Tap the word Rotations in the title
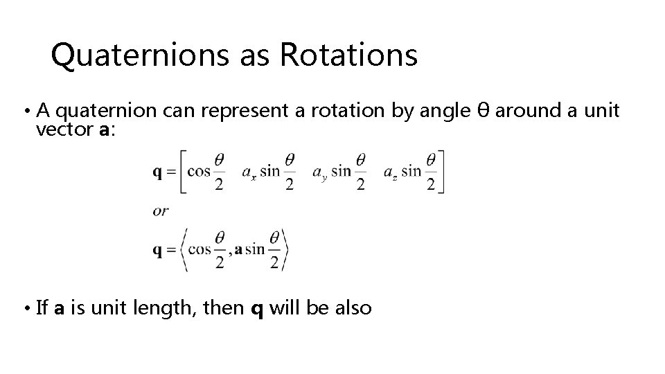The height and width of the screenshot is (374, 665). click(348, 56)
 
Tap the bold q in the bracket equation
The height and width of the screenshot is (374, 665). click(158, 172)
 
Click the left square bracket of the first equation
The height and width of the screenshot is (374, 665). click(183, 172)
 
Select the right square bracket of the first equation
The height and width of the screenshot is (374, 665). click(440, 172)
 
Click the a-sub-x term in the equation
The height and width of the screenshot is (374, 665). click(249, 172)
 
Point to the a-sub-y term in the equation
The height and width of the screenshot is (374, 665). click(320, 172)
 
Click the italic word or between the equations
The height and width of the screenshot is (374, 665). click(160, 211)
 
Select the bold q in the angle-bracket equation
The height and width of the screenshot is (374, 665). click(158, 250)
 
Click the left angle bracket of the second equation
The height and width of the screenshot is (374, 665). click(184, 250)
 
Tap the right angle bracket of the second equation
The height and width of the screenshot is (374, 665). click(284, 250)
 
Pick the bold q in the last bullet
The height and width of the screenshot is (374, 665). click(256, 308)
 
